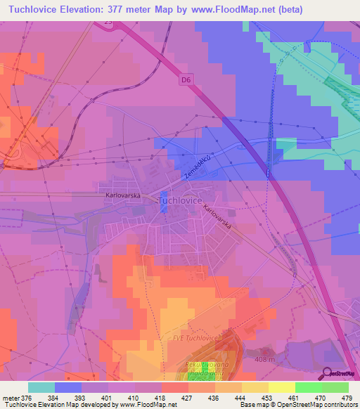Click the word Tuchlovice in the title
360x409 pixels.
[x=36, y=10]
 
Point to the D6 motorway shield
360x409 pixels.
[x=185, y=80]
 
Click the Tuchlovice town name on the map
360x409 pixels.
[x=182, y=200]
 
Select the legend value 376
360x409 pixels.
[x=21, y=397]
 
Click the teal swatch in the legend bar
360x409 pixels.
[x=41, y=387]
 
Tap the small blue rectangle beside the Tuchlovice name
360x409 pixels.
[x=164, y=198]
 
